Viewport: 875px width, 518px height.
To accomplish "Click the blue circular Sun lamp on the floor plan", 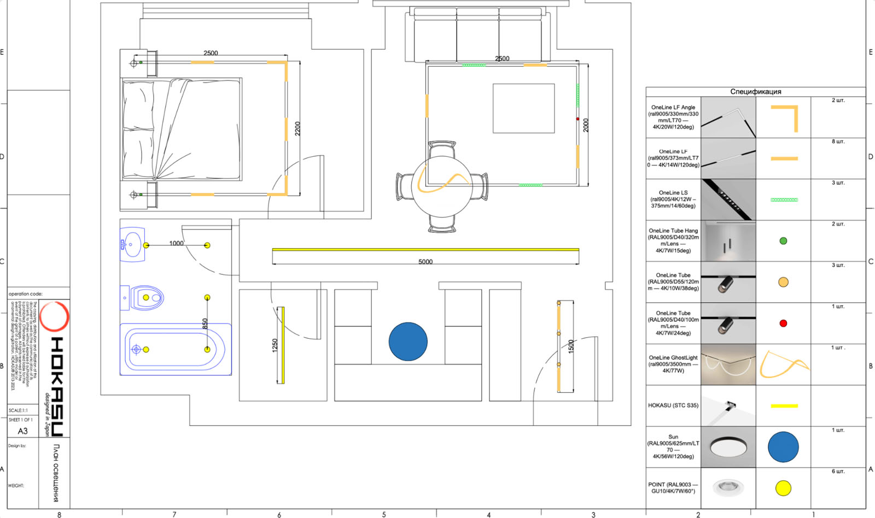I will click(408, 342).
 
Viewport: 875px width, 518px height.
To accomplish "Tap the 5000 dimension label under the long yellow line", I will click(425, 262).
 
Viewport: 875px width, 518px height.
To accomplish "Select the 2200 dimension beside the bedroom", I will click(298, 128).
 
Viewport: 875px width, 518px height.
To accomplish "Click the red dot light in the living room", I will click(577, 119).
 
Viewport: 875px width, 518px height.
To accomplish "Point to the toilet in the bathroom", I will click(143, 298).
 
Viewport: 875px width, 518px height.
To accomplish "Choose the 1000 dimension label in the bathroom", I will click(176, 243).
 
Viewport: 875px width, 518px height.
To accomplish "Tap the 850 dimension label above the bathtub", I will click(205, 323).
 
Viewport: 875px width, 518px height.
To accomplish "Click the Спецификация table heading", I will click(756, 91).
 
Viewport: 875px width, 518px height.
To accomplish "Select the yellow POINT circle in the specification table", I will click(783, 488).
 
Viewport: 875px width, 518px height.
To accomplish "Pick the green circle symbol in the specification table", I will click(783, 241).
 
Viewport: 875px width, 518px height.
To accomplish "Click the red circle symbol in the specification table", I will click(783, 323).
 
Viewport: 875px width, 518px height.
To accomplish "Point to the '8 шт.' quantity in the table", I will click(838, 142).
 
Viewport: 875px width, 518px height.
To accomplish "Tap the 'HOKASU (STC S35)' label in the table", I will click(673, 405).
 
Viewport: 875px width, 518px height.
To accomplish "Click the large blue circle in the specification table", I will click(783, 447).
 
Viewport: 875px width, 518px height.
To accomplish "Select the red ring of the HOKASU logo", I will click(54, 316).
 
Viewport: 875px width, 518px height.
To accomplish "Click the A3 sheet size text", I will click(22, 431).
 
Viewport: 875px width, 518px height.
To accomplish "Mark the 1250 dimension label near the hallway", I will click(275, 345).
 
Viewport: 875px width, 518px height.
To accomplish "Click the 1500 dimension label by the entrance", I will click(571, 346).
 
